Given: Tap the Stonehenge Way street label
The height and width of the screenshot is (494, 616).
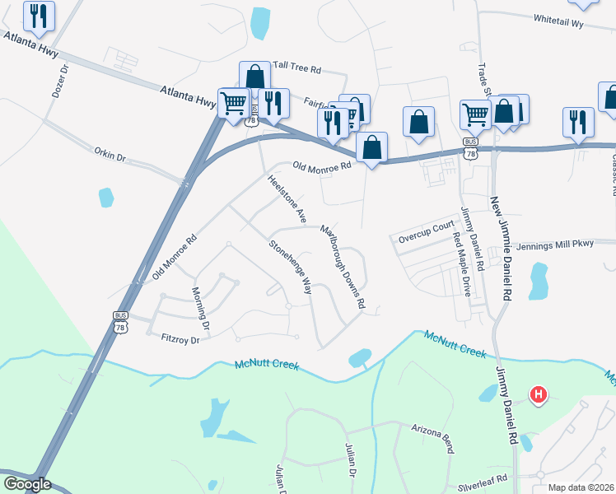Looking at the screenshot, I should click(291, 268).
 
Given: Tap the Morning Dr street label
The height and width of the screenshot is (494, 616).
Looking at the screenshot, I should click(201, 307).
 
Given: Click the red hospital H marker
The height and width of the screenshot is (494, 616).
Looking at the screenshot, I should click(539, 395).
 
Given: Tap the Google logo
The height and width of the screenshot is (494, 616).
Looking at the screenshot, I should click(26, 484).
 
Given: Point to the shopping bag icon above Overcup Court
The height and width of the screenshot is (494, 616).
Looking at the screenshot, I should click(418, 121).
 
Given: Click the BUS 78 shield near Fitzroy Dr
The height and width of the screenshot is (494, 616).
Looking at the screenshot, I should click(119, 322).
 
